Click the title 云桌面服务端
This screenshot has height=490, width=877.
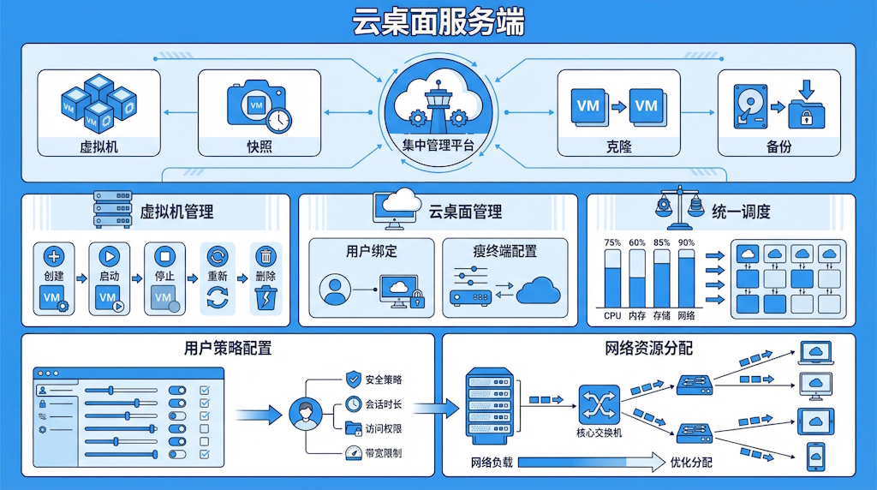coord(438,21)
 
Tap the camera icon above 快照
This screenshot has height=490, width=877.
coord(254,105)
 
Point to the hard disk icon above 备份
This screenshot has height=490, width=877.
coord(747,109)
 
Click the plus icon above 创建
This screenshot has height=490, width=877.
coord(53,256)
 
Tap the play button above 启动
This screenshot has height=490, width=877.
coord(108,256)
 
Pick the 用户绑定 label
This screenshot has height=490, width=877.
coord(371,252)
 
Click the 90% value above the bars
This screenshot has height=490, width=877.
coord(687,243)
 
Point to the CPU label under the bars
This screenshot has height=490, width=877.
coord(612,316)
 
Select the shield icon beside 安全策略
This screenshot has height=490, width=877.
coord(353,379)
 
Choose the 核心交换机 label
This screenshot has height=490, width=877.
coord(600,433)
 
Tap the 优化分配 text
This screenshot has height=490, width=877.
coord(691,463)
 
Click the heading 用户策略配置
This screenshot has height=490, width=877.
coord(228,349)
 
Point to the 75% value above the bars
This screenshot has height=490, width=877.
coord(612,243)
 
